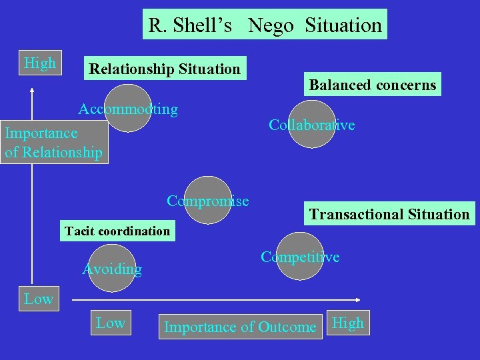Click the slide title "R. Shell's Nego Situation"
(265, 25)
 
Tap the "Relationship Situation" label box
(165, 68)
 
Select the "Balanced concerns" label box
(372, 84)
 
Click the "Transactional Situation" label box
(389, 214)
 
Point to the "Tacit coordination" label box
(117, 231)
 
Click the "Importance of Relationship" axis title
(53, 142)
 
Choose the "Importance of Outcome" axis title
(240, 327)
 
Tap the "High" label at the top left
(39, 63)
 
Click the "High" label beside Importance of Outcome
(348, 323)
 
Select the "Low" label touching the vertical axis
(38, 299)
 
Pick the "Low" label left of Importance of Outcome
(111, 323)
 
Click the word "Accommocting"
(128, 109)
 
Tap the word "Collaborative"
(311, 125)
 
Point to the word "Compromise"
(208, 201)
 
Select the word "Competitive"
(300, 257)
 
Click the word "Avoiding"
(111, 269)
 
